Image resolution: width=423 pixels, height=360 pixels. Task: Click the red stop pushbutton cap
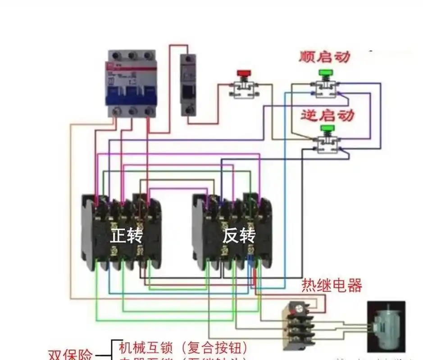click(244, 73)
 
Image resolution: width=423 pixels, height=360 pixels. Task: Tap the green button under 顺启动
click(324, 72)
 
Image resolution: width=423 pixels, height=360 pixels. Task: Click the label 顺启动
click(324, 57)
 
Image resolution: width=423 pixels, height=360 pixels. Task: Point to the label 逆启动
click(327, 115)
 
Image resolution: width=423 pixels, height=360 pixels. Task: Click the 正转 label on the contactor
click(126, 236)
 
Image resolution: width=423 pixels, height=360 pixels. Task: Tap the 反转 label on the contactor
click(239, 236)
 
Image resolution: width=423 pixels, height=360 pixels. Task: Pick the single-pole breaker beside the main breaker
click(188, 85)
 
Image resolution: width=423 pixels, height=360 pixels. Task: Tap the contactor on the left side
click(122, 232)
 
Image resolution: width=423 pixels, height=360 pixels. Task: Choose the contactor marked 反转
click(232, 232)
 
